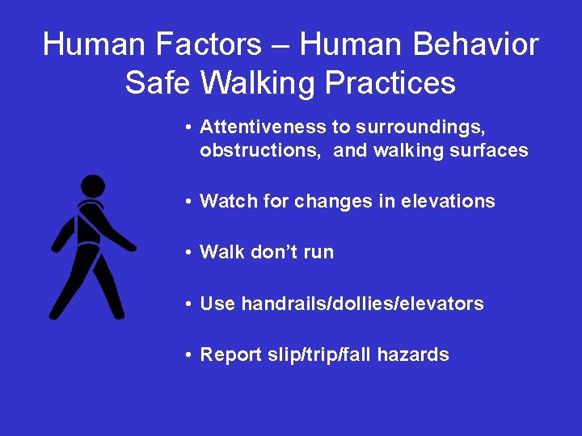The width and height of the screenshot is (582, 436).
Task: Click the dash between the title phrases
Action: tap(280, 46)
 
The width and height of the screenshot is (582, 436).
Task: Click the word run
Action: tap(318, 253)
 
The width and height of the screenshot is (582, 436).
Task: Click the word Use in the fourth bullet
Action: tap(217, 304)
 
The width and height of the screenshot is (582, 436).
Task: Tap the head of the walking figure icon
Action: tap(93, 187)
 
